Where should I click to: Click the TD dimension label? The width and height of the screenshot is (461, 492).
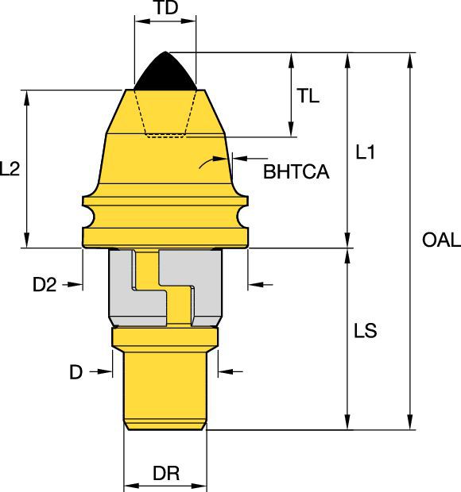(167, 7)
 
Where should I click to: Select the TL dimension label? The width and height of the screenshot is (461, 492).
(308, 96)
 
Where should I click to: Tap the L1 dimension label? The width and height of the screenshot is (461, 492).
(365, 152)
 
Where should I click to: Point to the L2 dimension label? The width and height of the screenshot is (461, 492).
(10, 168)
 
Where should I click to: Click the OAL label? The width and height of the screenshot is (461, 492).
(441, 240)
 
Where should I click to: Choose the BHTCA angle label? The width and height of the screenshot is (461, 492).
(296, 171)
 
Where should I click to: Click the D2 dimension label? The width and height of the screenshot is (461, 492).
(45, 285)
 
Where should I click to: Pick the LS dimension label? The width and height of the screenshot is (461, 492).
(365, 331)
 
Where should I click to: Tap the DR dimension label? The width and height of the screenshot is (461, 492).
(166, 473)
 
